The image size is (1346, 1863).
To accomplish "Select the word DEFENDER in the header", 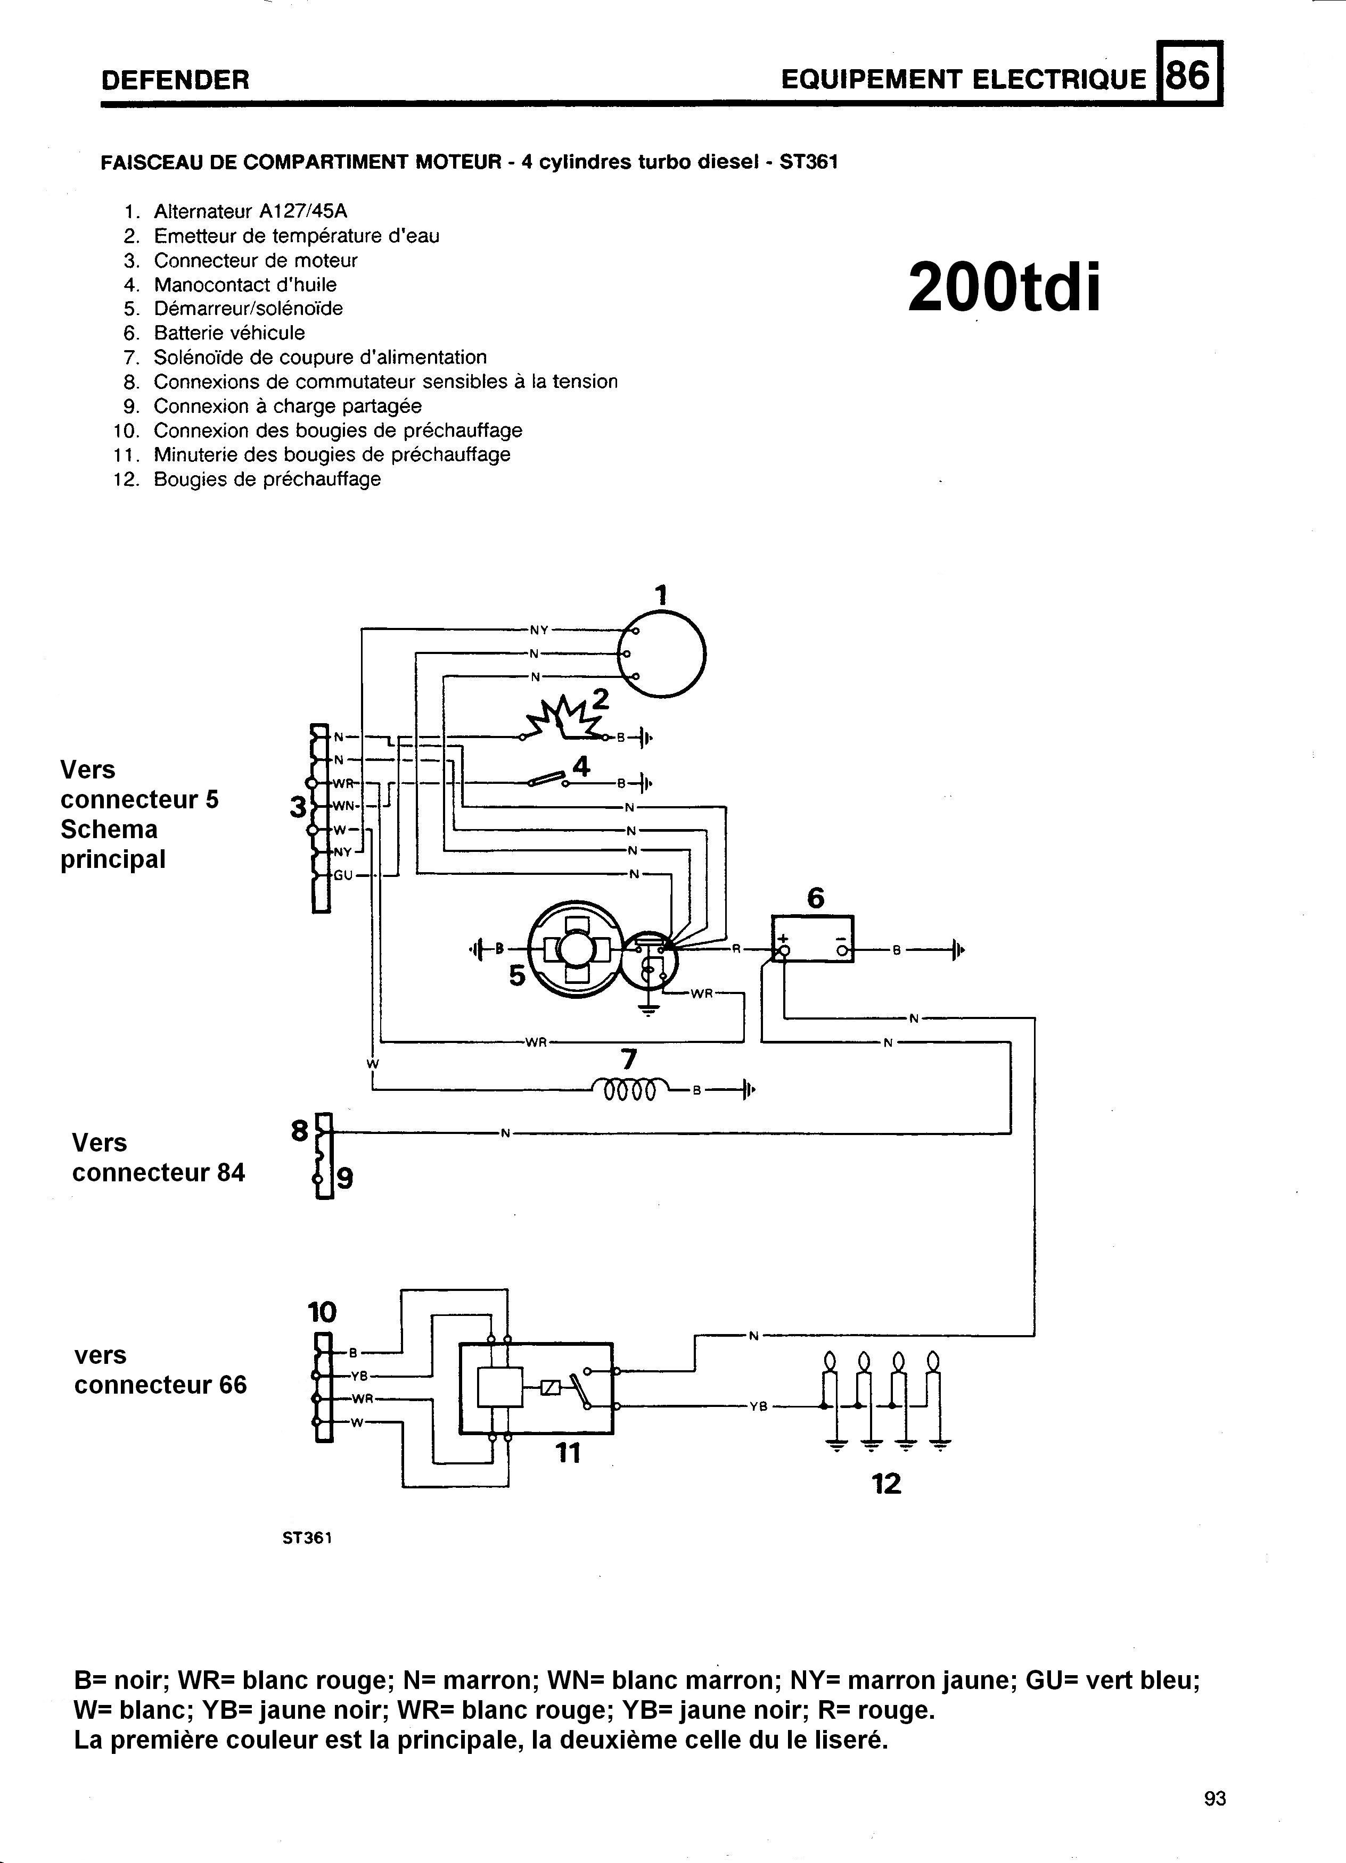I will pyautogui.click(x=175, y=80).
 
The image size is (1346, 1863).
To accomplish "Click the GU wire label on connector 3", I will pyautogui.click(x=343, y=875).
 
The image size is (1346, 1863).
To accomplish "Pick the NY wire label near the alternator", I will pyautogui.click(x=538, y=630).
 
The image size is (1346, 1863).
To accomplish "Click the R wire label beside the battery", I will pyautogui.click(x=736, y=949).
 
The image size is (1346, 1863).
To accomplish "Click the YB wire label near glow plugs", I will pyautogui.click(x=758, y=1407).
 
